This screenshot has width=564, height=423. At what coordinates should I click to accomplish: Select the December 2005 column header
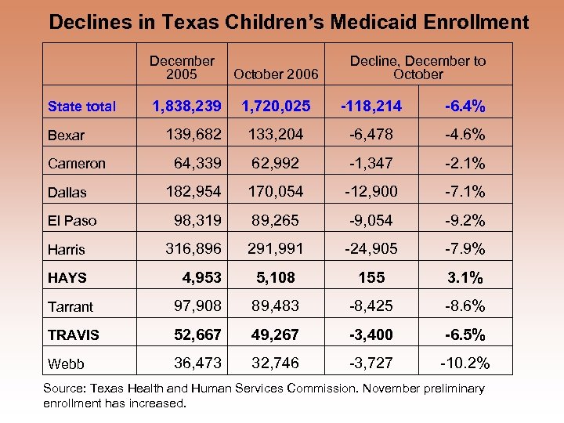182,67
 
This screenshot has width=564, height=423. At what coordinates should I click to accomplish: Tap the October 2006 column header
275,74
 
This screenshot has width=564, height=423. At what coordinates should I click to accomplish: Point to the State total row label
81,107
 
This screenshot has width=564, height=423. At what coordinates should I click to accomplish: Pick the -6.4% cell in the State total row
464,105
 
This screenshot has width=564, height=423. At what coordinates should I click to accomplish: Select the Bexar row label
66,136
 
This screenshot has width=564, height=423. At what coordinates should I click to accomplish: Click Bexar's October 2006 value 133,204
275,134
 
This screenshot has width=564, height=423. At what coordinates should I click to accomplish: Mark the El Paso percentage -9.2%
465,220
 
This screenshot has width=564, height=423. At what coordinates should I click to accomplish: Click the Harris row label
67,250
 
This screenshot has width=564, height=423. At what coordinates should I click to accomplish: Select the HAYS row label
67,278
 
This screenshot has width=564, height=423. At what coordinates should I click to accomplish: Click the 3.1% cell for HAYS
465,277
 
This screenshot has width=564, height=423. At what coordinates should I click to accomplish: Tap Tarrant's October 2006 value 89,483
275,305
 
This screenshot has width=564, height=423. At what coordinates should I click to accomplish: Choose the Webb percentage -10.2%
465,363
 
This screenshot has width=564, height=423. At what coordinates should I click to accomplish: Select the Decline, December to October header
418,67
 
